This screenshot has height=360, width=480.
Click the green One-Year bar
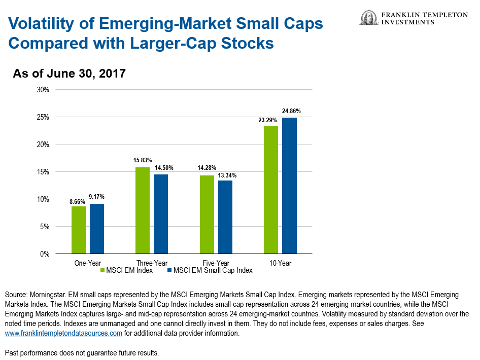pos(79,230)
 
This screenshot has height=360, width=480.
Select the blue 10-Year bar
pos(289,186)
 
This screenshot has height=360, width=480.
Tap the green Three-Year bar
pos(143,210)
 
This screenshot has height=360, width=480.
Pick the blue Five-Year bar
pos(225,217)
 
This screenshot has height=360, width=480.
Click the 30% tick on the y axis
pos(43,90)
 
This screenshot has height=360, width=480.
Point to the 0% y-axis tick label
pos(45,254)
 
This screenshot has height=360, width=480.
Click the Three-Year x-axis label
pos(152,263)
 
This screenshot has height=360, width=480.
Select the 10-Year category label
pos(280,263)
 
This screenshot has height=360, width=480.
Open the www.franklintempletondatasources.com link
pos(63,334)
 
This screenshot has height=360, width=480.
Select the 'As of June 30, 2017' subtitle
pos(69,74)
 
